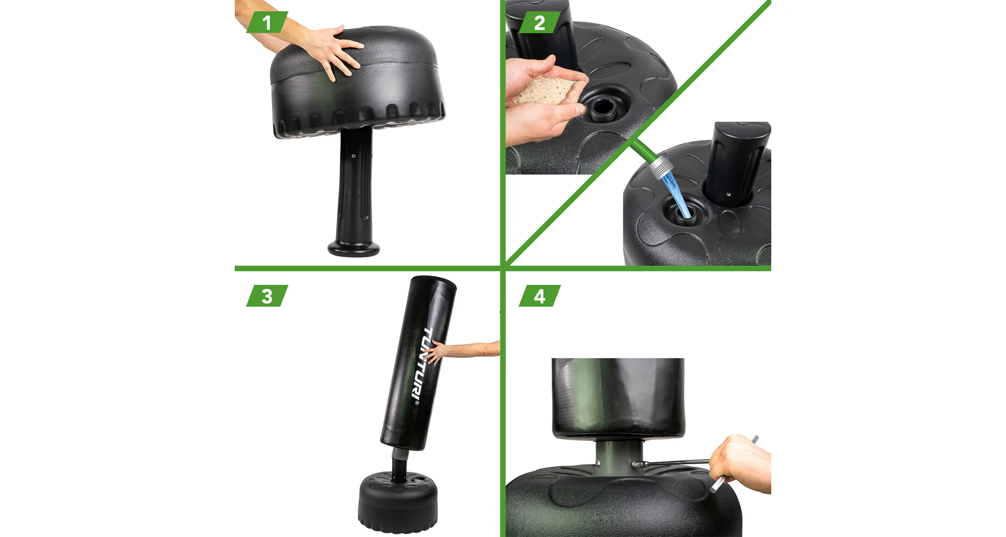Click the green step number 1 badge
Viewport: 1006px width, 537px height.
(267, 23)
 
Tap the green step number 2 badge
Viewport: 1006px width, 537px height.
(540, 23)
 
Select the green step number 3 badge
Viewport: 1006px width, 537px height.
(267, 296)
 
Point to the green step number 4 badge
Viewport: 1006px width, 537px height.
(540, 296)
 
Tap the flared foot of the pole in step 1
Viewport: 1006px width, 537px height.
(354, 248)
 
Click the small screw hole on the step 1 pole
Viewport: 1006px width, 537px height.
(354, 156)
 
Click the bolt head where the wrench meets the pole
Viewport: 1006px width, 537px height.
(635, 464)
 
